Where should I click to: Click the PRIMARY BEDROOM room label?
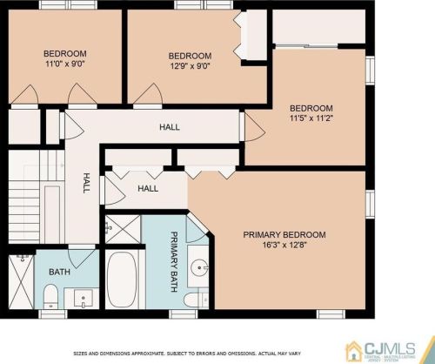point(284,234)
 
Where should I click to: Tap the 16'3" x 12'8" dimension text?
point(284,245)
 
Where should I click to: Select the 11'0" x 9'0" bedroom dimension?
point(65,64)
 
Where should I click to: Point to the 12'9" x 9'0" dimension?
point(190,66)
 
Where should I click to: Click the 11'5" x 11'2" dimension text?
point(311,118)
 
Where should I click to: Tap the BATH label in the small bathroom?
point(59,272)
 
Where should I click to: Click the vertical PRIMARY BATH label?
point(174,261)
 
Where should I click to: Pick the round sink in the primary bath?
point(199,267)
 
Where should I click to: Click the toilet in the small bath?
point(50,296)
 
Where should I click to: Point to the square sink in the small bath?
point(84,298)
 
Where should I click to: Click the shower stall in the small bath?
point(21,281)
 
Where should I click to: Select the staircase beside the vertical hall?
point(37,197)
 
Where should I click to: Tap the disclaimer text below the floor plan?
point(187,354)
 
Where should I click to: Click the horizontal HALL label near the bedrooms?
point(170,127)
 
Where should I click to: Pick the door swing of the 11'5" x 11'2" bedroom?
point(255,127)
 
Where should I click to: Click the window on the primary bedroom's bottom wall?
point(331,314)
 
